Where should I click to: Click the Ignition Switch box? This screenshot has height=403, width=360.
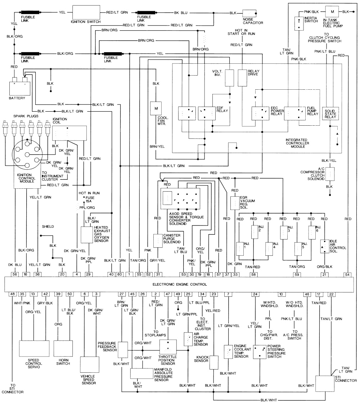point(87,12)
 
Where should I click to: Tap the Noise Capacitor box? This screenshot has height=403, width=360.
point(252,14)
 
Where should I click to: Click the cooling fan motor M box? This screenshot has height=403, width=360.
point(156,109)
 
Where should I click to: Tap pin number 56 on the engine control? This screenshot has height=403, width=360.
point(15,274)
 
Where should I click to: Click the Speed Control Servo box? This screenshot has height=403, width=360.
point(34,349)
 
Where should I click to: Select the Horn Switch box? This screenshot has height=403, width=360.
point(63,349)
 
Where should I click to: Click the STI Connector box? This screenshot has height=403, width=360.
point(325,383)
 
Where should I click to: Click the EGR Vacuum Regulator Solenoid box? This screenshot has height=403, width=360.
point(235,203)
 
